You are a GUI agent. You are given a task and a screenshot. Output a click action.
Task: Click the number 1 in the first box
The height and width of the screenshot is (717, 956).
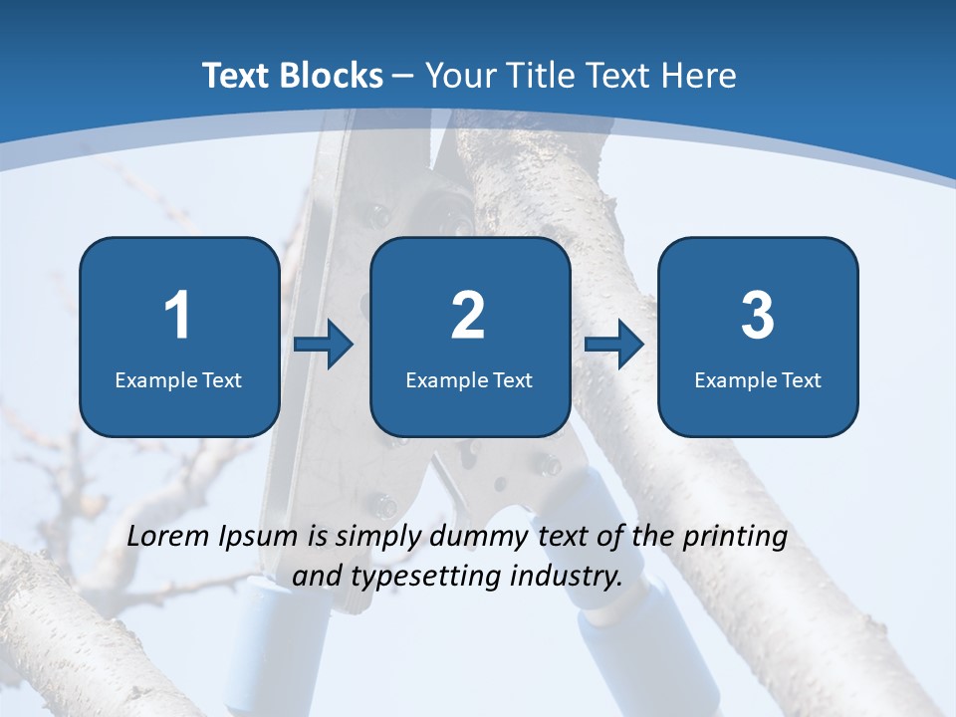[x=177, y=316]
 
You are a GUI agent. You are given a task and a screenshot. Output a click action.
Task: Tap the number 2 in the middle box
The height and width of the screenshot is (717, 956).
[x=468, y=316]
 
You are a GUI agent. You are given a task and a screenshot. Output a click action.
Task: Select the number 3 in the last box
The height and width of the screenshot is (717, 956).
[x=758, y=316]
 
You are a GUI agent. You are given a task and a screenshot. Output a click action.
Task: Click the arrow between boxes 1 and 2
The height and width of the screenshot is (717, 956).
[x=324, y=345]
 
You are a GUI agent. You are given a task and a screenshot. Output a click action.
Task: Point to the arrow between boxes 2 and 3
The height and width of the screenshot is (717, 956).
[x=614, y=345]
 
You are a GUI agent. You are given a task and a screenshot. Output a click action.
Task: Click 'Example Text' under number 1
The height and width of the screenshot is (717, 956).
[x=178, y=379]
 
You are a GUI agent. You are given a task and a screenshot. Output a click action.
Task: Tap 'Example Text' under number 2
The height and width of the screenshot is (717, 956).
[x=469, y=379]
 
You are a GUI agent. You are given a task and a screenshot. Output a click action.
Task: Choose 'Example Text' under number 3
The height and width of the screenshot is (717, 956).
[x=758, y=379]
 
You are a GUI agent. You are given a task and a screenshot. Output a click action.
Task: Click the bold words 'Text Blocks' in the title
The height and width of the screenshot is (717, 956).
[x=293, y=76]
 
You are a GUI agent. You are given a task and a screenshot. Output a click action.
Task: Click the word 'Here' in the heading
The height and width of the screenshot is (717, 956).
[x=701, y=76]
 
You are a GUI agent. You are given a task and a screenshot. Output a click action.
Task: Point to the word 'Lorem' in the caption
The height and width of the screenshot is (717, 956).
[x=169, y=537]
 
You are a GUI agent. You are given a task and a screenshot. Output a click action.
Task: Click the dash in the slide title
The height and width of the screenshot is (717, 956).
[x=403, y=76]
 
